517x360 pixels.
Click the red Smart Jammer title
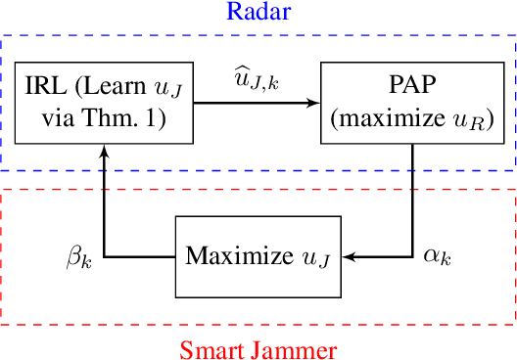point(258,347)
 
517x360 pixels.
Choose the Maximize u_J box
point(258,257)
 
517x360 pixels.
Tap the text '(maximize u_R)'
point(415,119)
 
